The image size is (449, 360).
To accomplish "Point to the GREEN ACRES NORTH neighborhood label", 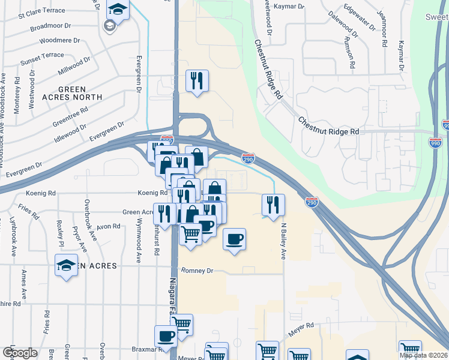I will tap(72, 93).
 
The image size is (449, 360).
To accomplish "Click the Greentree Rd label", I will tap(70, 117).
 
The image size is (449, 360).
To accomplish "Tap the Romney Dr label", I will tap(197, 271).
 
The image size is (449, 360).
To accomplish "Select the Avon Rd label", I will tap(109, 227).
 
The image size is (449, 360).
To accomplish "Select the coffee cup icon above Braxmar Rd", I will tap(166, 335).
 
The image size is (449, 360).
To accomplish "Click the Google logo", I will tap(20, 353).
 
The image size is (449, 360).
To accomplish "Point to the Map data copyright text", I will tap(423, 355).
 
